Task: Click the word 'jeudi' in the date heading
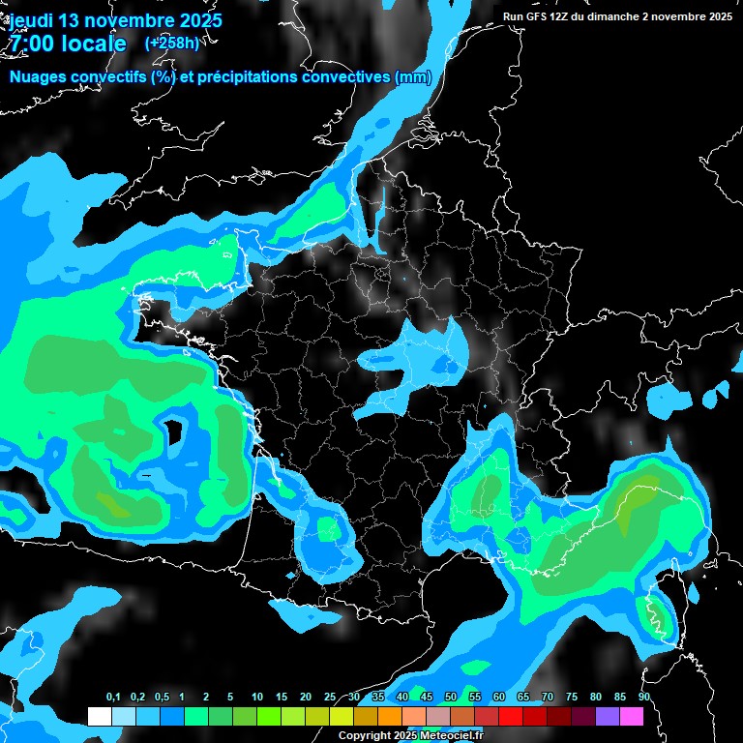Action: pos(31,20)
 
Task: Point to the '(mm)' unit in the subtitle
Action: pos(413,77)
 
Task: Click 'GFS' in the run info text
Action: pos(542,16)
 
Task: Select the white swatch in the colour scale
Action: pos(100,717)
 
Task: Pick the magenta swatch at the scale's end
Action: pos(632,717)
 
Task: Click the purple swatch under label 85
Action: pos(608,717)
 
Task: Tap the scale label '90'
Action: pos(643,698)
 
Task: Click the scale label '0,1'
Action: pos(113,698)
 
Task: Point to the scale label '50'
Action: pos(451,698)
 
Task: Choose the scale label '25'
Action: pos(330,698)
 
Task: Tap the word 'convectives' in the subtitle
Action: pos(335,77)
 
